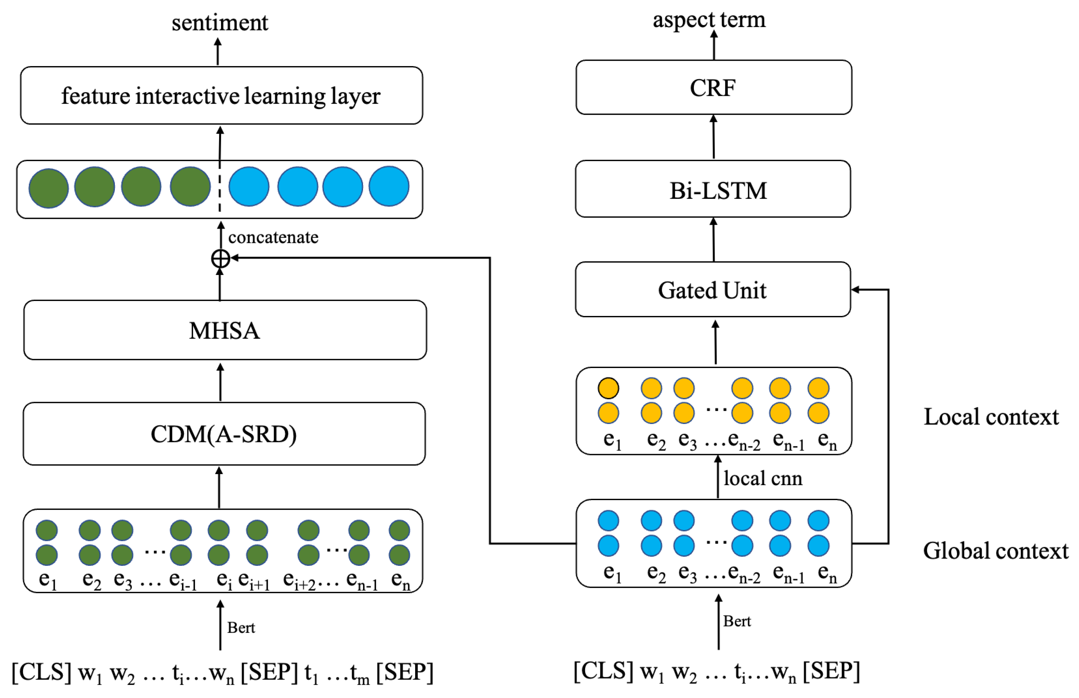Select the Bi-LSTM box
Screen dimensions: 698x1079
click(x=713, y=189)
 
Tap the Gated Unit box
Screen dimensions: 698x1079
click(x=713, y=290)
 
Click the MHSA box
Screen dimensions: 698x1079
click(x=225, y=330)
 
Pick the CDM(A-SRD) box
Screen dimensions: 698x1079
click(x=224, y=434)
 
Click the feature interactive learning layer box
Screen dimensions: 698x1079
click(x=221, y=95)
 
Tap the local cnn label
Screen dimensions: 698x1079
click(x=762, y=478)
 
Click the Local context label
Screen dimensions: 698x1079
click(x=991, y=417)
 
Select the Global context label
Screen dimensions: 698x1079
click(x=996, y=551)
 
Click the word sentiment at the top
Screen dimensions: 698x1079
click(x=220, y=23)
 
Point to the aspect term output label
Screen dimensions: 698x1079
click(x=709, y=19)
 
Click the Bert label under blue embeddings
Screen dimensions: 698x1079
click(x=737, y=621)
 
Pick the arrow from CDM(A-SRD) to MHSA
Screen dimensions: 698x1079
click(x=220, y=381)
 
